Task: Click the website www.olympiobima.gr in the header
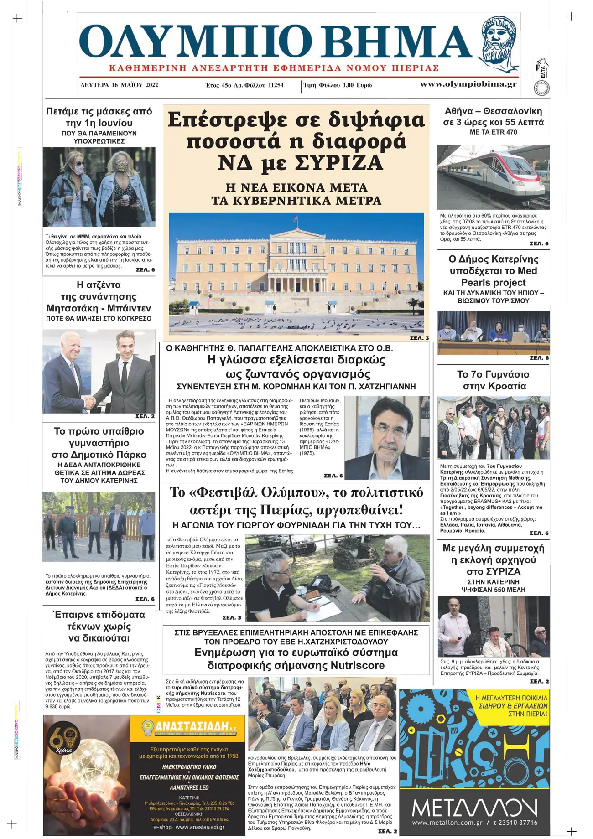(468, 84)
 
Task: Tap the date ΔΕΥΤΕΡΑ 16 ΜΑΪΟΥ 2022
(119, 85)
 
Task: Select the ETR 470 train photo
(493, 177)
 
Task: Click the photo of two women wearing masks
(99, 187)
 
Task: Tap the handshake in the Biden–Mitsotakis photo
(90, 402)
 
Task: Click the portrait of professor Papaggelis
(387, 437)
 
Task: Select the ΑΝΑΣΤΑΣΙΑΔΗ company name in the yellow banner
(192, 726)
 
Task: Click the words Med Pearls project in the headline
(494, 277)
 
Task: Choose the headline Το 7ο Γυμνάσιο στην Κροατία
(494, 380)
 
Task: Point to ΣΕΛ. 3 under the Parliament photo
(419, 338)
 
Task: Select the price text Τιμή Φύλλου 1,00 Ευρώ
(338, 85)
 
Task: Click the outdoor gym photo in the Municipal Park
(99, 527)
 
